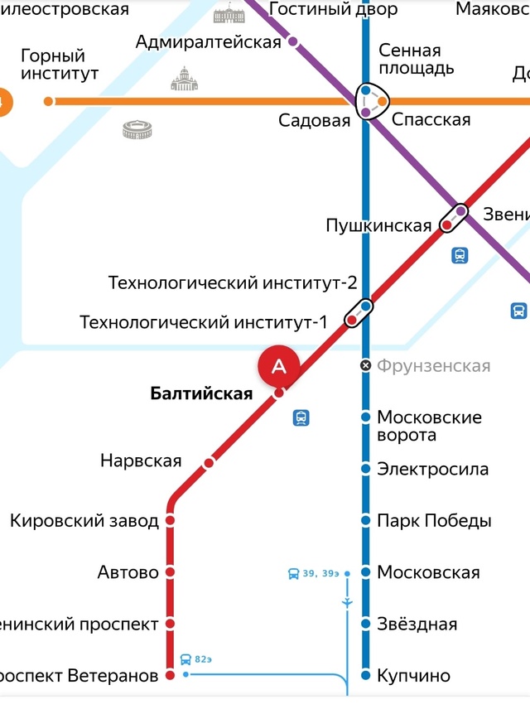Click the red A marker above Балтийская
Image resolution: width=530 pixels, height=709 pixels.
pyautogui.click(x=279, y=365)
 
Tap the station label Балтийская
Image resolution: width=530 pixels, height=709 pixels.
pyautogui.click(x=201, y=394)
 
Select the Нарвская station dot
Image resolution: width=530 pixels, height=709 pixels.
pyautogui.click(x=209, y=462)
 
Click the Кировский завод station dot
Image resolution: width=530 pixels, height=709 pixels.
pyautogui.click(x=171, y=520)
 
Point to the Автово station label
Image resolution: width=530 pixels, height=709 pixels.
pyautogui.click(x=128, y=572)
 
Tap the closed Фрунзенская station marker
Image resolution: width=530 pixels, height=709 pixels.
pyautogui.click(x=365, y=365)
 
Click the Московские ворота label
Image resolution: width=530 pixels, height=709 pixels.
pyautogui.click(x=429, y=426)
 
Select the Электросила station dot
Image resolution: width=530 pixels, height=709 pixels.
pyautogui.click(x=365, y=469)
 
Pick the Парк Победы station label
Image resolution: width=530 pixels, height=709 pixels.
pyautogui.click(x=434, y=521)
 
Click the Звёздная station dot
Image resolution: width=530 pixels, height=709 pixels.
pyautogui.click(x=365, y=624)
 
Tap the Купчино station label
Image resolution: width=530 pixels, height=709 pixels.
pyautogui.click(x=413, y=676)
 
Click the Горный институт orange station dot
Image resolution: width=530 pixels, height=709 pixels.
pyautogui.click(x=49, y=101)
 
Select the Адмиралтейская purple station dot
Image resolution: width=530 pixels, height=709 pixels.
pyautogui.click(x=293, y=41)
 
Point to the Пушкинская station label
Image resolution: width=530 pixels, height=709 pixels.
pyautogui.click(x=378, y=225)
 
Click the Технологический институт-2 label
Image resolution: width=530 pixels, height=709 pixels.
pyautogui.click(x=233, y=283)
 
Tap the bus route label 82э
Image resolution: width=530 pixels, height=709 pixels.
pyautogui.click(x=204, y=659)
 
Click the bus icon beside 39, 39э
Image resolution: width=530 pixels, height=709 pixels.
pyautogui.click(x=293, y=573)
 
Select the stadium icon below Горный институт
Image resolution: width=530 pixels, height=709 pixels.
pyautogui.click(x=137, y=129)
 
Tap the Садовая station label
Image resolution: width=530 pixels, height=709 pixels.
pyautogui.click(x=314, y=121)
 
